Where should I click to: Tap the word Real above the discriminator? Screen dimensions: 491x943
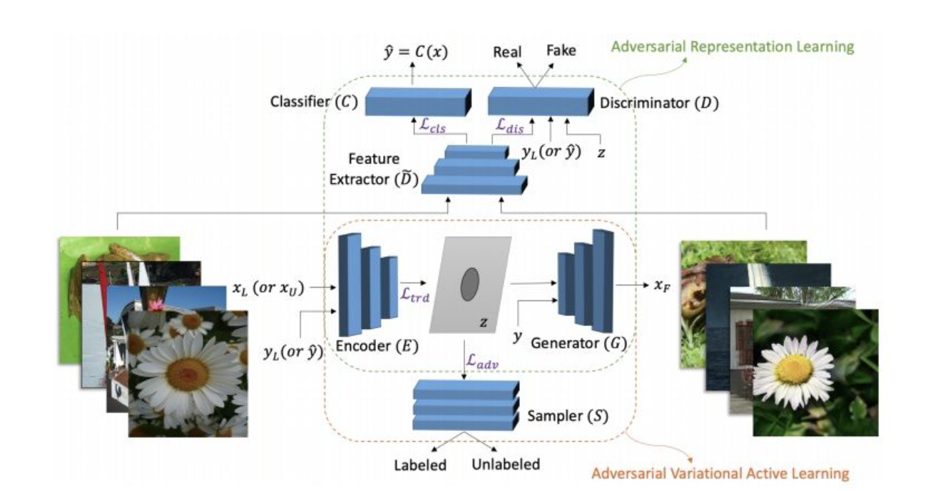[x=507, y=51]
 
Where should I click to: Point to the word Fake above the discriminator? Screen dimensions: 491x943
[x=561, y=51]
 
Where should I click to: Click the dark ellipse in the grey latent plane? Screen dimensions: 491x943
[x=469, y=284]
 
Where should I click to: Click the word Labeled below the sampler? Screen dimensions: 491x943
[x=420, y=465]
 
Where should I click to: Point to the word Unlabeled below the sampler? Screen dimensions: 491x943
[x=506, y=465]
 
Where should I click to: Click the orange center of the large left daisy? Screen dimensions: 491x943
[x=187, y=370]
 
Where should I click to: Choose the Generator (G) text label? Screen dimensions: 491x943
[x=578, y=343]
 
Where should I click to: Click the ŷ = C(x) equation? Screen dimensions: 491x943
[x=413, y=51]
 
